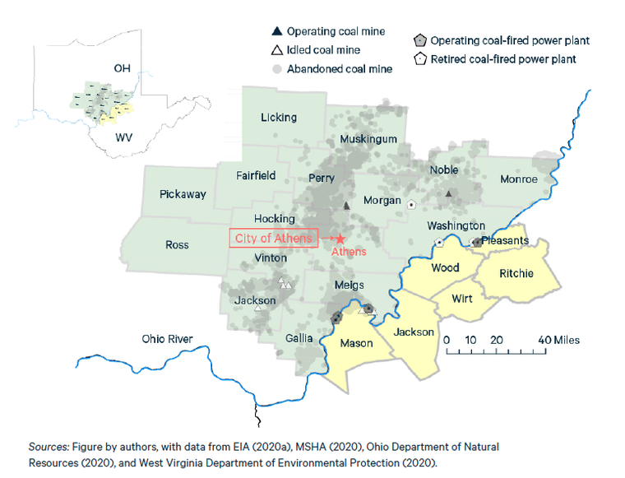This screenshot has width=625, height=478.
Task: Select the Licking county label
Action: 278,118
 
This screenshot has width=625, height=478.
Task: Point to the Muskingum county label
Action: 368,138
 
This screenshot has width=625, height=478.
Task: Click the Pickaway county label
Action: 183,194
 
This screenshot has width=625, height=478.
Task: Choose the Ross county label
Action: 177,244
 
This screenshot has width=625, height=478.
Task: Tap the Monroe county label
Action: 518,179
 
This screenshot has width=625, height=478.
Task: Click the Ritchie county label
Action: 516,273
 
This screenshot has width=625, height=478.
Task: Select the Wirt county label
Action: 461,298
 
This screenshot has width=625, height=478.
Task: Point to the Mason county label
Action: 357,342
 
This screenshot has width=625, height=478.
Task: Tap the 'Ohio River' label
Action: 167,339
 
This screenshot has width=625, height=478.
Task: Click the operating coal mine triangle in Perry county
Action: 346,205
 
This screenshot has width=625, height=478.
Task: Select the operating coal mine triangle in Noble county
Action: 448,194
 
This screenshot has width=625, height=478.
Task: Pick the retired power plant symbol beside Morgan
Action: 411,202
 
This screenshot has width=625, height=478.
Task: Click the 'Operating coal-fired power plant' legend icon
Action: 419,40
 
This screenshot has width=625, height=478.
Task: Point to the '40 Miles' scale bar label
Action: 558,339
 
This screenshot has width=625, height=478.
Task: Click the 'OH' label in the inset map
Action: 122,67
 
